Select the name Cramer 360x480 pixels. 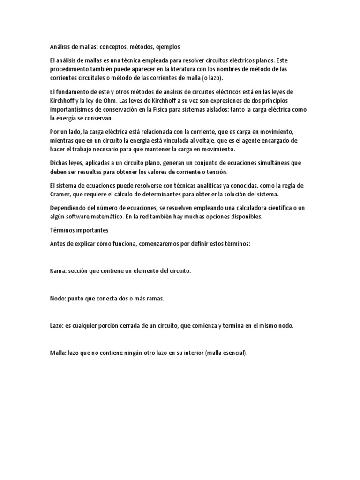coord(61,194)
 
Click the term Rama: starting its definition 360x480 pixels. coord(58,271)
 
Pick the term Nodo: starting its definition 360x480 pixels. coord(59,299)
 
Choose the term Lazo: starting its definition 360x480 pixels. coord(58,326)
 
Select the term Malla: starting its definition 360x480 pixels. coord(59,353)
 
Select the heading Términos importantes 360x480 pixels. coord(79,231)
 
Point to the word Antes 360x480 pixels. coord(58,244)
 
